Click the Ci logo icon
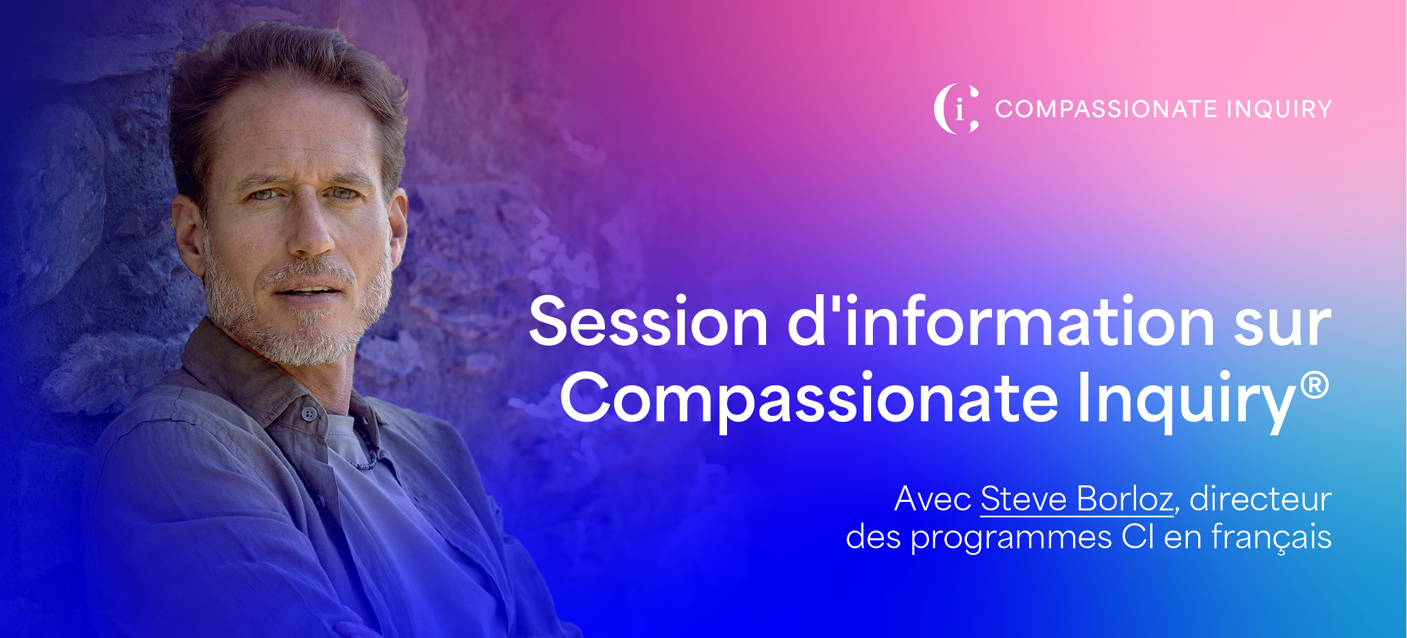[957, 109]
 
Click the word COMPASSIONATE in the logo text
[1107, 109]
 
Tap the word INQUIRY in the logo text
[1279, 109]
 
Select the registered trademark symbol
[1314, 385]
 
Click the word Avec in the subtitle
[933, 499]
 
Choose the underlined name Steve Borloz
[1077, 500]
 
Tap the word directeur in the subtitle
[1261, 499]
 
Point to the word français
[1271, 538]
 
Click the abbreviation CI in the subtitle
[1137, 537]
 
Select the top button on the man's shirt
[309, 415]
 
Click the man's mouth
[308, 289]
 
